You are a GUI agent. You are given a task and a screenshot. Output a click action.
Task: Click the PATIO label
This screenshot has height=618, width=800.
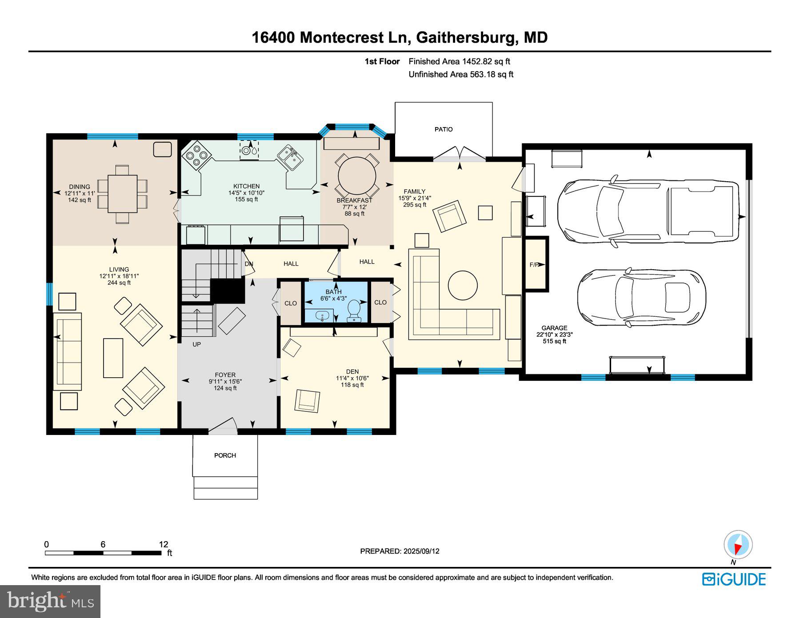click(444, 129)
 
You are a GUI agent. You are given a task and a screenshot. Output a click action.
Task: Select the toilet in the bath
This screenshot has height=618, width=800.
click(354, 310)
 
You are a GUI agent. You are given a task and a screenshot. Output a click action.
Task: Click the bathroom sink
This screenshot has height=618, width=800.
click(322, 316)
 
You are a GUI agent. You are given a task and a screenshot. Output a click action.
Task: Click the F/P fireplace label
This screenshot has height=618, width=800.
click(535, 265)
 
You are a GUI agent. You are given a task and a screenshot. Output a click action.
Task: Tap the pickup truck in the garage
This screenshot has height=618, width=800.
click(644, 211)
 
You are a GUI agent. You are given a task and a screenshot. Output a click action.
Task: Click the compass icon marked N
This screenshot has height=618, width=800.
click(738, 545)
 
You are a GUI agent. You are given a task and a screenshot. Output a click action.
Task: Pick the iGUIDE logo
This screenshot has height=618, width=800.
click(734, 579)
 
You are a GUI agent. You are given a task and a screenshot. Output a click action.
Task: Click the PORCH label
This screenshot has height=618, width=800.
click(225, 455)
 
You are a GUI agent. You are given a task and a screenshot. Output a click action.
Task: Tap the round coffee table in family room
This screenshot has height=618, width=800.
click(463, 285)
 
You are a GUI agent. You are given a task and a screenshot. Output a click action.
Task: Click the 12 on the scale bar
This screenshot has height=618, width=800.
click(163, 544)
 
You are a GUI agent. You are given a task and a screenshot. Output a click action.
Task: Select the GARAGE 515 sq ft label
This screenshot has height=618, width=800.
click(554, 335)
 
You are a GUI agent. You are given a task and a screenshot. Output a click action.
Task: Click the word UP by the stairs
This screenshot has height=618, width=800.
click(196, 344)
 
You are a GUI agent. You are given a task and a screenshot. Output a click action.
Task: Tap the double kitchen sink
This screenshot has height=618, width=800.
click(290, 157)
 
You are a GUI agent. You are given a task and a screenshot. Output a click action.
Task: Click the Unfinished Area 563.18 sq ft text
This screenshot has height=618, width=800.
click(460, 74)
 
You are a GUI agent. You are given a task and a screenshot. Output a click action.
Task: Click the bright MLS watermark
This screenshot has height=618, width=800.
click(50, 601)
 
